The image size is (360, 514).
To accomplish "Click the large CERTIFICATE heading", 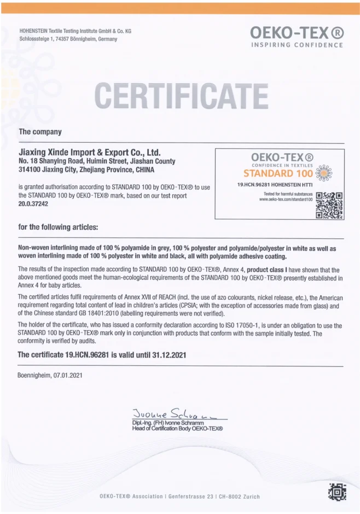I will point(181,96).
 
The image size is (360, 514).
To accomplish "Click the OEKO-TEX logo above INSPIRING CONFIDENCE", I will point(297,33).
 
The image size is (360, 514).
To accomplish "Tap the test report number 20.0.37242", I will point(33,203).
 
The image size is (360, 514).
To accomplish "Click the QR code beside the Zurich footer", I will point(337,492).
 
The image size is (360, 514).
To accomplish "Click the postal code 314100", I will point(31,170).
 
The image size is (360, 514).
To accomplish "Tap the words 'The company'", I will point(40,132).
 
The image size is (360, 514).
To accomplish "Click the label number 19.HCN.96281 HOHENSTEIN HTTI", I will point(266,185).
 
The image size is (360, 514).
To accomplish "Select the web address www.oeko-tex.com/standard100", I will point(286,200).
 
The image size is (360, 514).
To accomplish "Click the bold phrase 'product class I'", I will point(269,270).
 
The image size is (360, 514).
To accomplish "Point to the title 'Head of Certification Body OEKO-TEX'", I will point(177,429).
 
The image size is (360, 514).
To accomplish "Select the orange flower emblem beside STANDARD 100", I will point(324,173).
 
